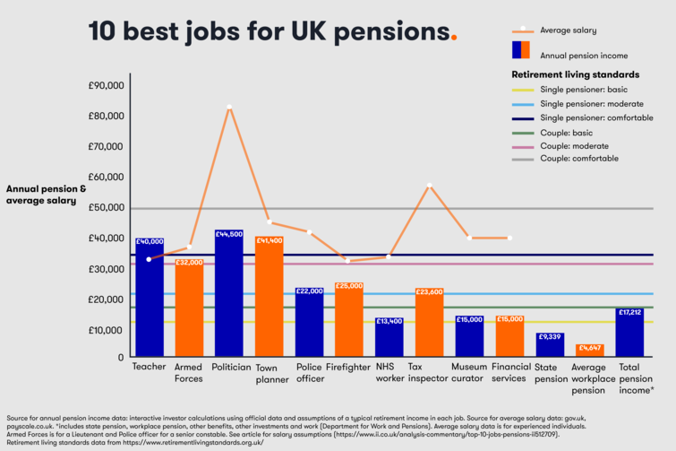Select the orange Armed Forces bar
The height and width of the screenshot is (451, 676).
tap(189, 309)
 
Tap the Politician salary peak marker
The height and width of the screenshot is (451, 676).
tap(229, 108)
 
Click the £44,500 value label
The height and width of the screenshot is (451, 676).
tap(229, 234)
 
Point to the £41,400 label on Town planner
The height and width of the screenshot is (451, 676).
tap(269, 241)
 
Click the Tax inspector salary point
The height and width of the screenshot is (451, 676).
tap(429, 186)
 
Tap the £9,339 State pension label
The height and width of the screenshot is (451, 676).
tap(550, 337)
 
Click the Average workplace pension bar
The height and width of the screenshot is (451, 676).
tap(589, 351)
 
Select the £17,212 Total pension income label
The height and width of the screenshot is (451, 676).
tap(629, 312)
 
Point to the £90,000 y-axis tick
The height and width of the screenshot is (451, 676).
tap(106, 86)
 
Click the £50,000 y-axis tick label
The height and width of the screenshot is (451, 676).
tap(106, 208)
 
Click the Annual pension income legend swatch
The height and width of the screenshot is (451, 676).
tap(520, 49)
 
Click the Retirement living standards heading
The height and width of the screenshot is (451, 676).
tap(574, 74)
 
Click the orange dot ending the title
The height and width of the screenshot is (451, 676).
tap(453, 37)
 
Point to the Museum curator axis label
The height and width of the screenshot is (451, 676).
tap(469, 372)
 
